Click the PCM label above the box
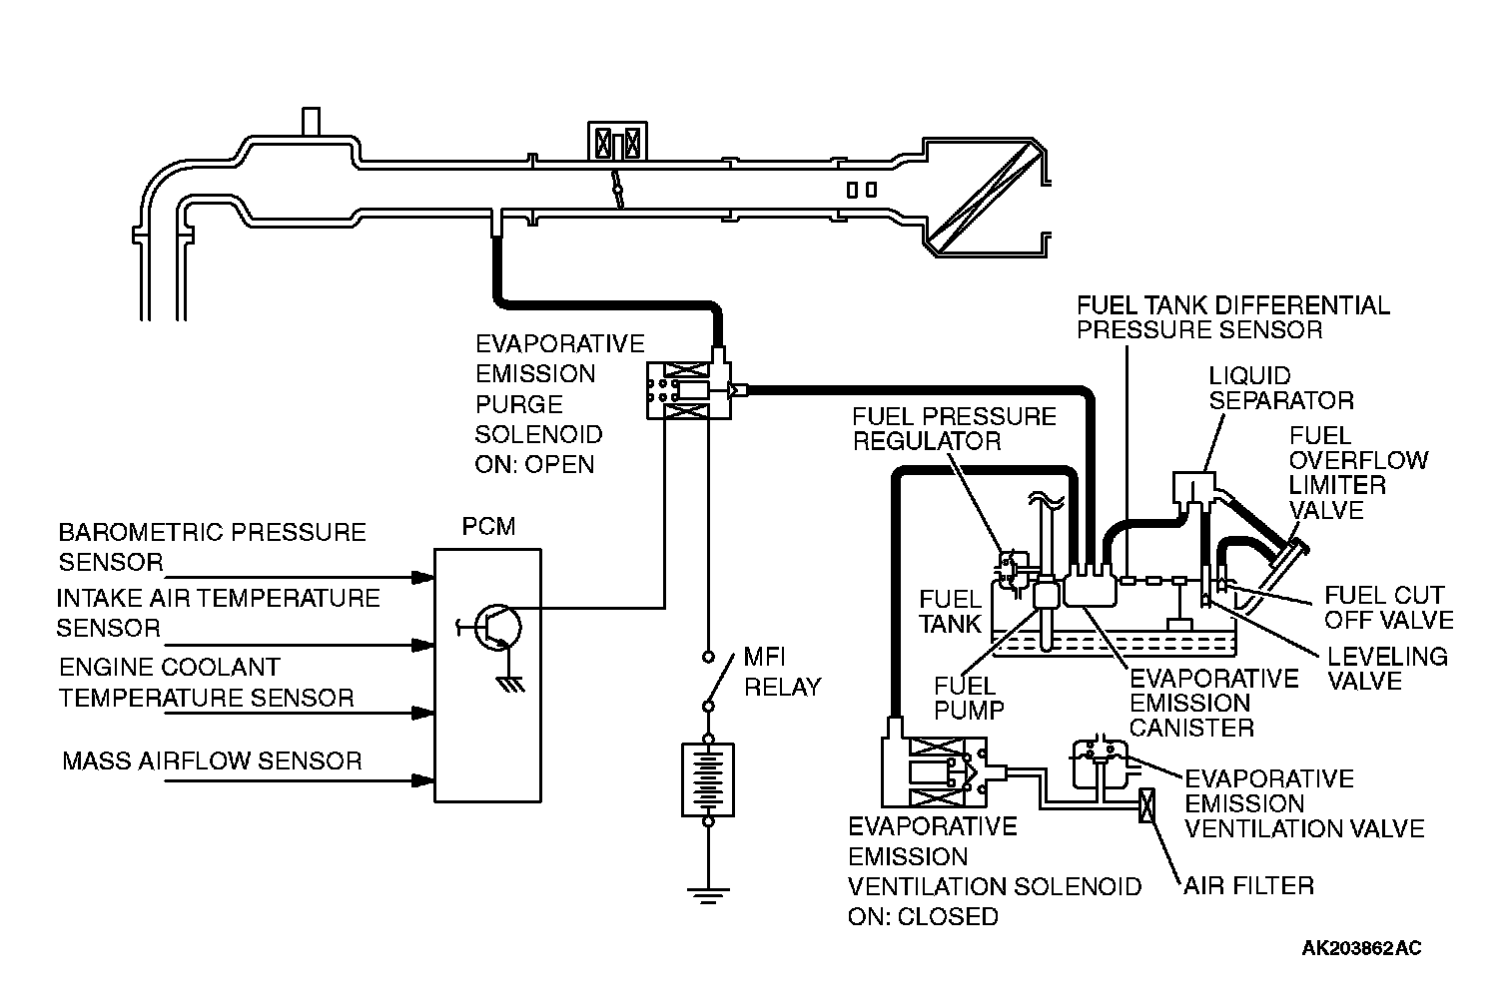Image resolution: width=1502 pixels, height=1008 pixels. [488, 527]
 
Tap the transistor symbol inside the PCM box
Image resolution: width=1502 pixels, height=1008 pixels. [496, 628]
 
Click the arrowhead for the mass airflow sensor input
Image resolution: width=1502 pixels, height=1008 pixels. [423, 780]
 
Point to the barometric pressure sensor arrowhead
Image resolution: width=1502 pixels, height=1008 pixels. [423, 577]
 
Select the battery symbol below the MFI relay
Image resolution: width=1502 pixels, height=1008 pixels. [708, 780]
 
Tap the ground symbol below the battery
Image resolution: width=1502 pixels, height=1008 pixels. [708, 896]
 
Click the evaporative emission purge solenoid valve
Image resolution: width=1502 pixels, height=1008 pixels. [691, 390]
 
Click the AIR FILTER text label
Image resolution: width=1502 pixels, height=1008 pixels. [1248, 886]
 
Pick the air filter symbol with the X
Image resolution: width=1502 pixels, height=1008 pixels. [1147, 805]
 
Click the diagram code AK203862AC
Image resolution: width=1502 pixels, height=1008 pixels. [1361, 948]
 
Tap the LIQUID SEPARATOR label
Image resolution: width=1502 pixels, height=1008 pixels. [1281, 388]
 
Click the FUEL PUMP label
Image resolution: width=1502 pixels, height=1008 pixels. [969, 699]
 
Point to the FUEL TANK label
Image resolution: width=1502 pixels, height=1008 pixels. [950, 611]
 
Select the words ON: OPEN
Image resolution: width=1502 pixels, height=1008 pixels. [534, 464]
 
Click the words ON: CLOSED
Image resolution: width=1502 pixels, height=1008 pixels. [924, 916]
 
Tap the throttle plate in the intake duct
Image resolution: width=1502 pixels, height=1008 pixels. [617, 189]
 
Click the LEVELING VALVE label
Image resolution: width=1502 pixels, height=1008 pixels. [1387, 669]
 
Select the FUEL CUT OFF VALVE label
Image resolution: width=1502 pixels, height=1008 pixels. [1389, 608]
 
